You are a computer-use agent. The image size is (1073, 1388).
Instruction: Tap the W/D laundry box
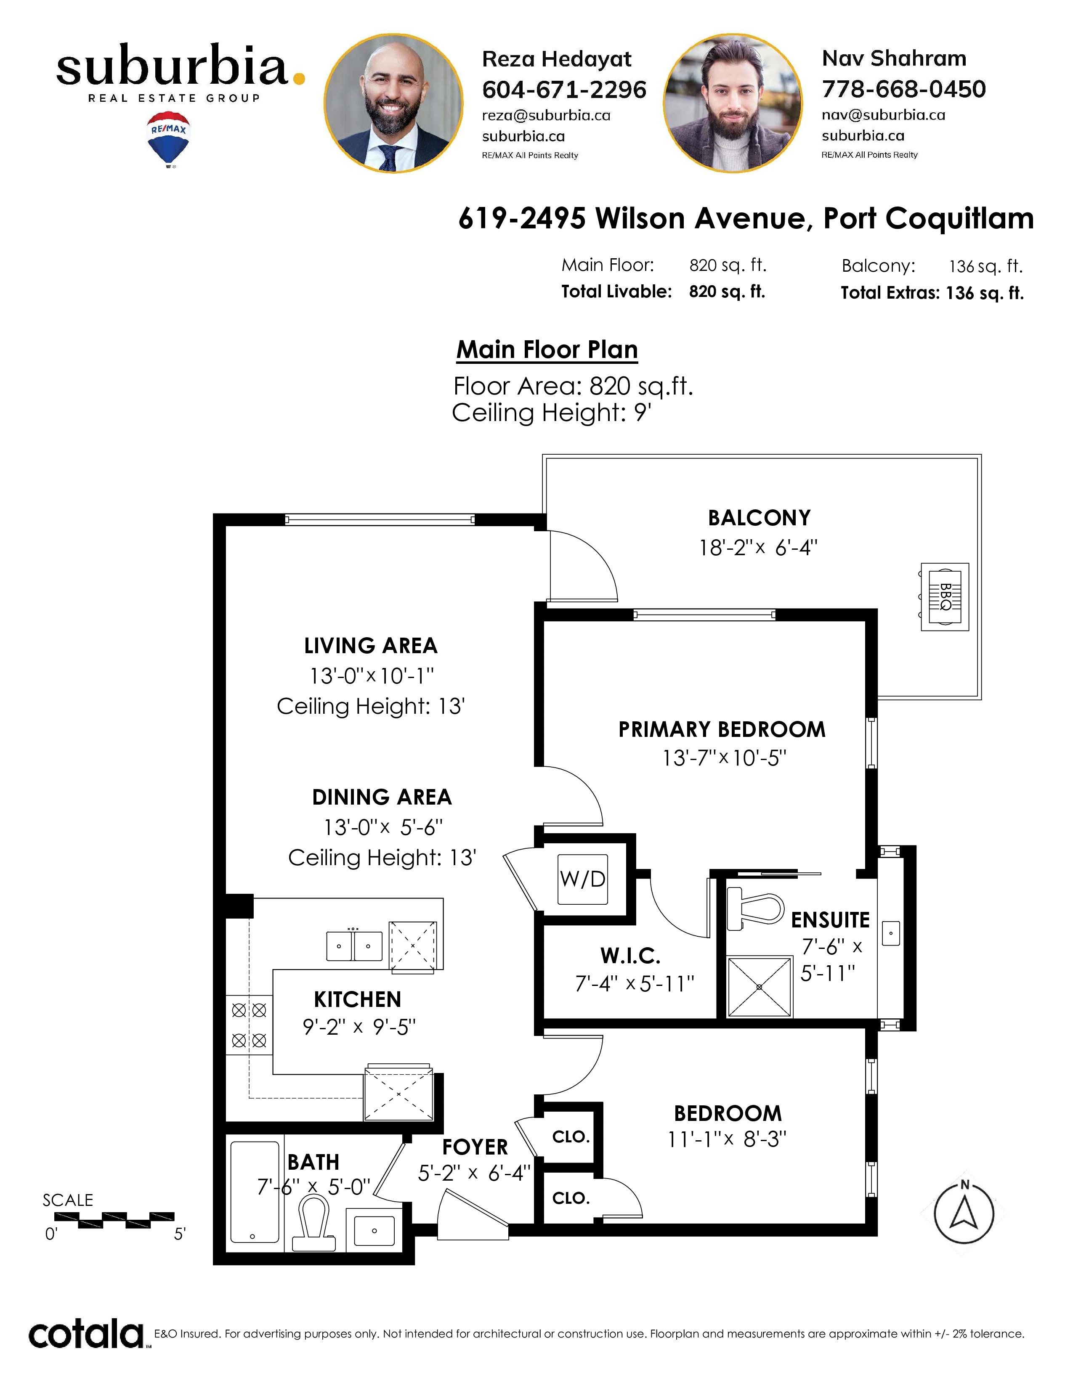[x=582, y=879]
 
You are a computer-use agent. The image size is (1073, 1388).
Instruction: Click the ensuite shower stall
[x=760, y=987]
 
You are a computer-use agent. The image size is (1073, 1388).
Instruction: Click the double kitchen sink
[x=354, y=945]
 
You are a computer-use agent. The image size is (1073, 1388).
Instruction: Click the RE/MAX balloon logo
[x=168, y=140]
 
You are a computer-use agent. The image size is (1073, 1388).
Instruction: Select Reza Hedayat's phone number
[x=564, y=90]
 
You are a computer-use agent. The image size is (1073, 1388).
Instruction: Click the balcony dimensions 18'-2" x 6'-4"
[x=758, y=548]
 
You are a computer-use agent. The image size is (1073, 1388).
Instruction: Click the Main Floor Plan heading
[x=547, y=350]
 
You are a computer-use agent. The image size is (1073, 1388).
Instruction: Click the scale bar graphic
[x=114, y=1220]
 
